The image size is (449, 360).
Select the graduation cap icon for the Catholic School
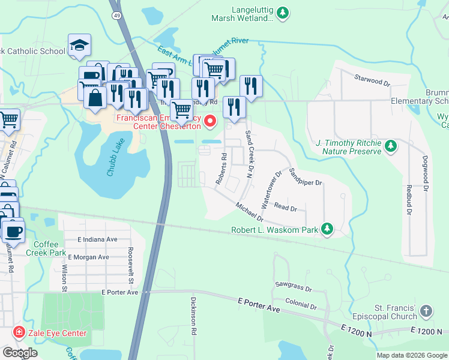[79, 46]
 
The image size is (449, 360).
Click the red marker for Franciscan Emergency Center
[210, 122]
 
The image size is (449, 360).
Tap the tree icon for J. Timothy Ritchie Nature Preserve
[391, 146]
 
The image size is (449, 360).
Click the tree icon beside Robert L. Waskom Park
[327, 229]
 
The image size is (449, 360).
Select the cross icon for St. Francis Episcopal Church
[426, 311]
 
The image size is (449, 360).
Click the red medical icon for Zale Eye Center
[19, 332]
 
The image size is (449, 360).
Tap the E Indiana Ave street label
[97, 239]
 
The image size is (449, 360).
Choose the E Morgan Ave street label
[89, 257]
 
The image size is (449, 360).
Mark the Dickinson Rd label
[194, 310]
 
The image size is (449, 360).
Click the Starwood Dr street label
[372, 78]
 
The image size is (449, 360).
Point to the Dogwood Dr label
[425, 171]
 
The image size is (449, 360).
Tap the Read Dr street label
[286, 208]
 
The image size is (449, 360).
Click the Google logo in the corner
[20, 352]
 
